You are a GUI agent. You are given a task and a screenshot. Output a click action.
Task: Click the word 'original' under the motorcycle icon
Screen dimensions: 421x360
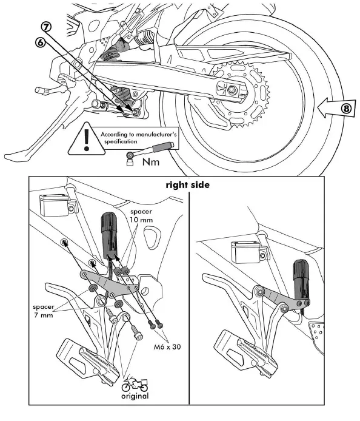pyautogui.click(x=135, y=396)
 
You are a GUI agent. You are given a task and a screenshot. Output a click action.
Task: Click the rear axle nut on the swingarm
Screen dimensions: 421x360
pyautogui.click(x=232, y=90)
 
